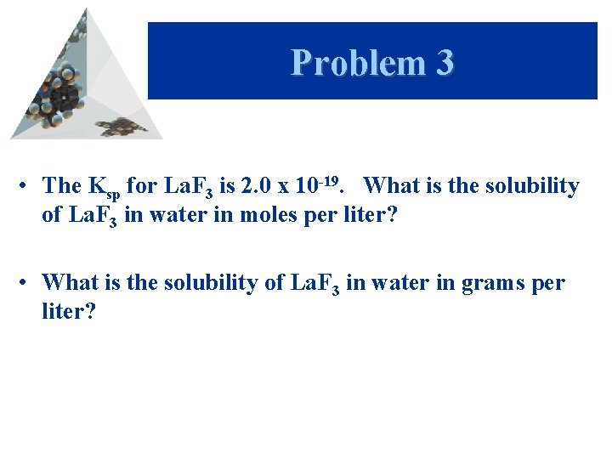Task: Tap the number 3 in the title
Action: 443,63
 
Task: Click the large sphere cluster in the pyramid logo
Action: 59,93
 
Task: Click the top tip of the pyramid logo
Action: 85,10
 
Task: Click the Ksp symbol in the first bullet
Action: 103,187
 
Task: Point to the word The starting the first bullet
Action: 61,185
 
